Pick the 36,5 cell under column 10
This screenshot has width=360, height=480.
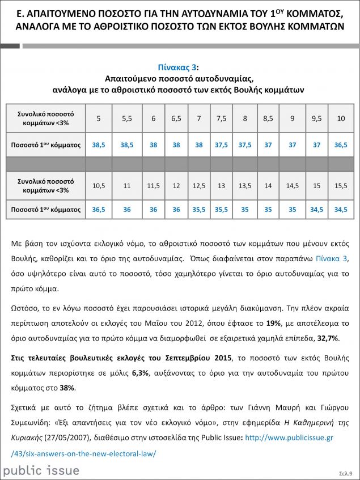point(341,145)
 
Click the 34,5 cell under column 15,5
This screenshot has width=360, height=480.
point(341,210)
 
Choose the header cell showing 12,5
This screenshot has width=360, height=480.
point(199,185)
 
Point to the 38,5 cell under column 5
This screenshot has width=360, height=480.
point(99,145)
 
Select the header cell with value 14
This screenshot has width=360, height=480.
point(268,185)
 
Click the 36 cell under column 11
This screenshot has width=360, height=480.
point(127,210)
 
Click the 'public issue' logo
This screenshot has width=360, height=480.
point(41,470)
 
